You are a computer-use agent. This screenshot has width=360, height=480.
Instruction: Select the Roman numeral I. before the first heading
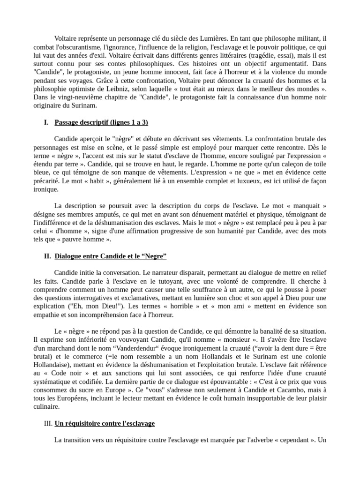click(x=46, y=123)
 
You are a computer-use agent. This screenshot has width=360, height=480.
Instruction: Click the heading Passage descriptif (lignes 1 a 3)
click(x=101, y=123)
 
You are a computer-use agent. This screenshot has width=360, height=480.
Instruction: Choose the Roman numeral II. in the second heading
click(x=47, y=256)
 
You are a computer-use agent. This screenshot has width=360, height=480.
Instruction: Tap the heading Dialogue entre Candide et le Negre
click(x=111, y=256)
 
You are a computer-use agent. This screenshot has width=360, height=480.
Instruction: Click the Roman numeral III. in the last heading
click(x=48, y=424)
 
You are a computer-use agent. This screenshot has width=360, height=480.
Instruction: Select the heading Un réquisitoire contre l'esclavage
click(x=105, y=424)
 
